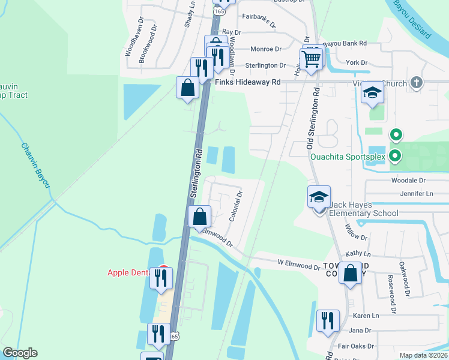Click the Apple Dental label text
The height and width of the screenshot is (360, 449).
pos(128,272)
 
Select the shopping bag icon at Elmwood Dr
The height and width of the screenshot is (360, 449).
pos(199,217)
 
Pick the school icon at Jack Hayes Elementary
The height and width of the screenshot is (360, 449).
pos(319,196)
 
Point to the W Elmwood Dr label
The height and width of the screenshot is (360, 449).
pos(298,265)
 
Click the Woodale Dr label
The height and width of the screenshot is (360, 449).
pos(408,180)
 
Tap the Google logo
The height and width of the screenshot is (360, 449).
pos(20,353)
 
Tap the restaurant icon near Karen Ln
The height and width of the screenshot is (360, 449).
pos(328,320)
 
